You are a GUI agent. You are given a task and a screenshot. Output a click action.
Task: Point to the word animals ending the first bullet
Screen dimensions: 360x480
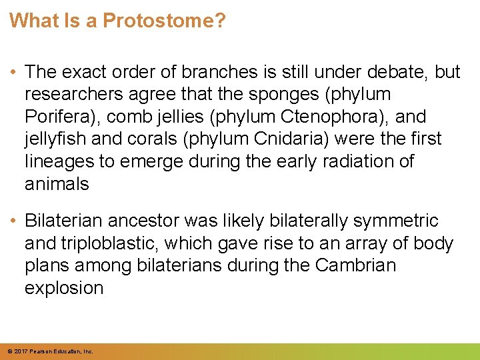[57, 185]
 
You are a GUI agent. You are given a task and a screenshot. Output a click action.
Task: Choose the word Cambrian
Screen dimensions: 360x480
[355, 266]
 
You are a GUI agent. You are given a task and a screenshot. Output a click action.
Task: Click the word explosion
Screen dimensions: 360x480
[64, 289]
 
